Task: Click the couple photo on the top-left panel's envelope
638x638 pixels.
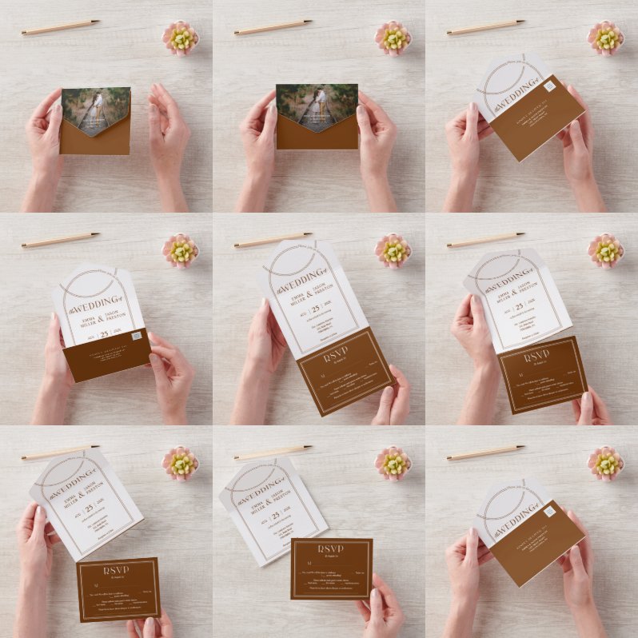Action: point(95,108)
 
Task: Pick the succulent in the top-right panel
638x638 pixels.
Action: point(605,38)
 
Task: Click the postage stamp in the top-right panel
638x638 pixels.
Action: point(549,86)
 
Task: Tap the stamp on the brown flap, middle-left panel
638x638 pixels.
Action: point(137,336)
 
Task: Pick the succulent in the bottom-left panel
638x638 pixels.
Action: point(181,463)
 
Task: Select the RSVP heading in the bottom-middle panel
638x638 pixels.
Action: point(331,549)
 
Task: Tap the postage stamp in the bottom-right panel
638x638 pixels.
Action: point(549,512)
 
